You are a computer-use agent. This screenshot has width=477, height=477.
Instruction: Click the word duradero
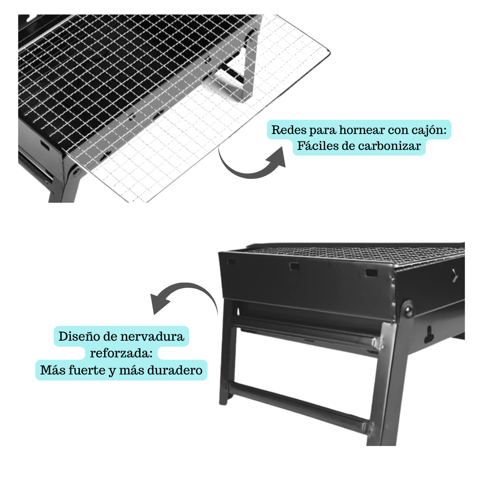point(175,370)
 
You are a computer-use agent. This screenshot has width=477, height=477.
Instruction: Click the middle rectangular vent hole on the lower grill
point(295,266)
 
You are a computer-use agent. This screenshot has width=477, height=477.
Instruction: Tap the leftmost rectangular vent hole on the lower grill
point(231,262)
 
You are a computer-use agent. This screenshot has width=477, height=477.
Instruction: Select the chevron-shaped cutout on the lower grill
point(455,275)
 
